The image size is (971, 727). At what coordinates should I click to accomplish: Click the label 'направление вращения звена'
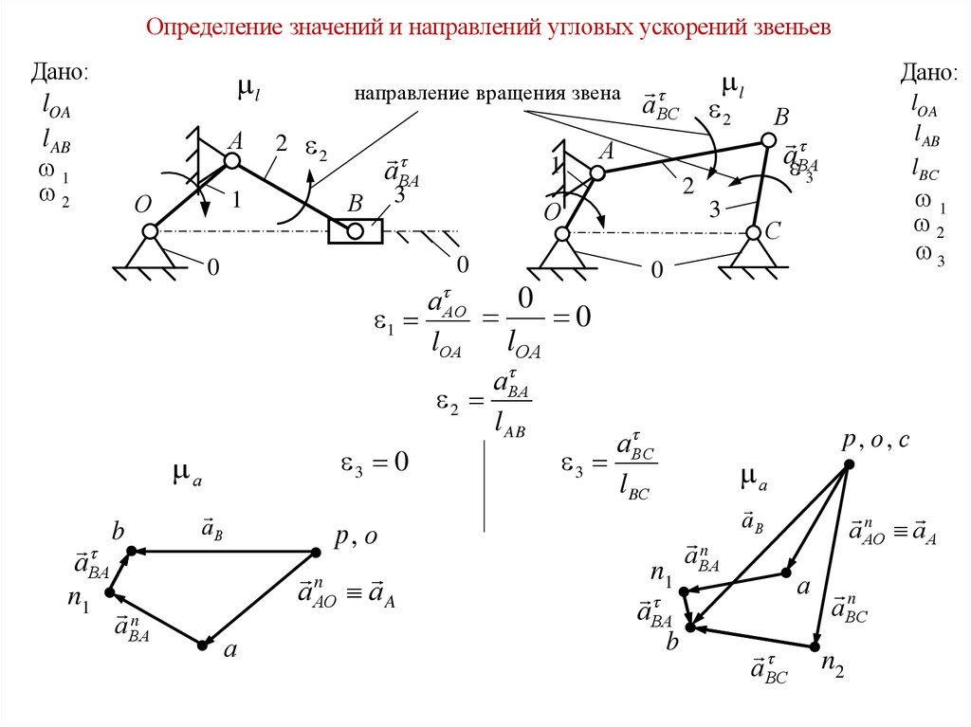point(487,94)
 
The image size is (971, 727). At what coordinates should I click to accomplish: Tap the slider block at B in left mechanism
point(356,229)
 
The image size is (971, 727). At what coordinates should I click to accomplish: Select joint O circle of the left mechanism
point(150,230)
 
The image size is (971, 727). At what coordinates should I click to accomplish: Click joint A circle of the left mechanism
point(230,161)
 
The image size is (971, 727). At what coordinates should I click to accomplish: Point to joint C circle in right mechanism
point(752,231)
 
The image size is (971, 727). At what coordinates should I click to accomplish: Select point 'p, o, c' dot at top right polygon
point(850,463)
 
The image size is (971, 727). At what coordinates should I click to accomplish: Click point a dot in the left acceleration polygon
point(202,645)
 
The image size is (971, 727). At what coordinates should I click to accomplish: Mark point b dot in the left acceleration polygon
point(132,550)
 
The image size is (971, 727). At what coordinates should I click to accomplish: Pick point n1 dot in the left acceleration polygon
point(109,592)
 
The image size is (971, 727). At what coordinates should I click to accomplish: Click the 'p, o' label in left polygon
point(356,537)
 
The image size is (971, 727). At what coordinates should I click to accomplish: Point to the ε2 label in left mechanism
point(317,150)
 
